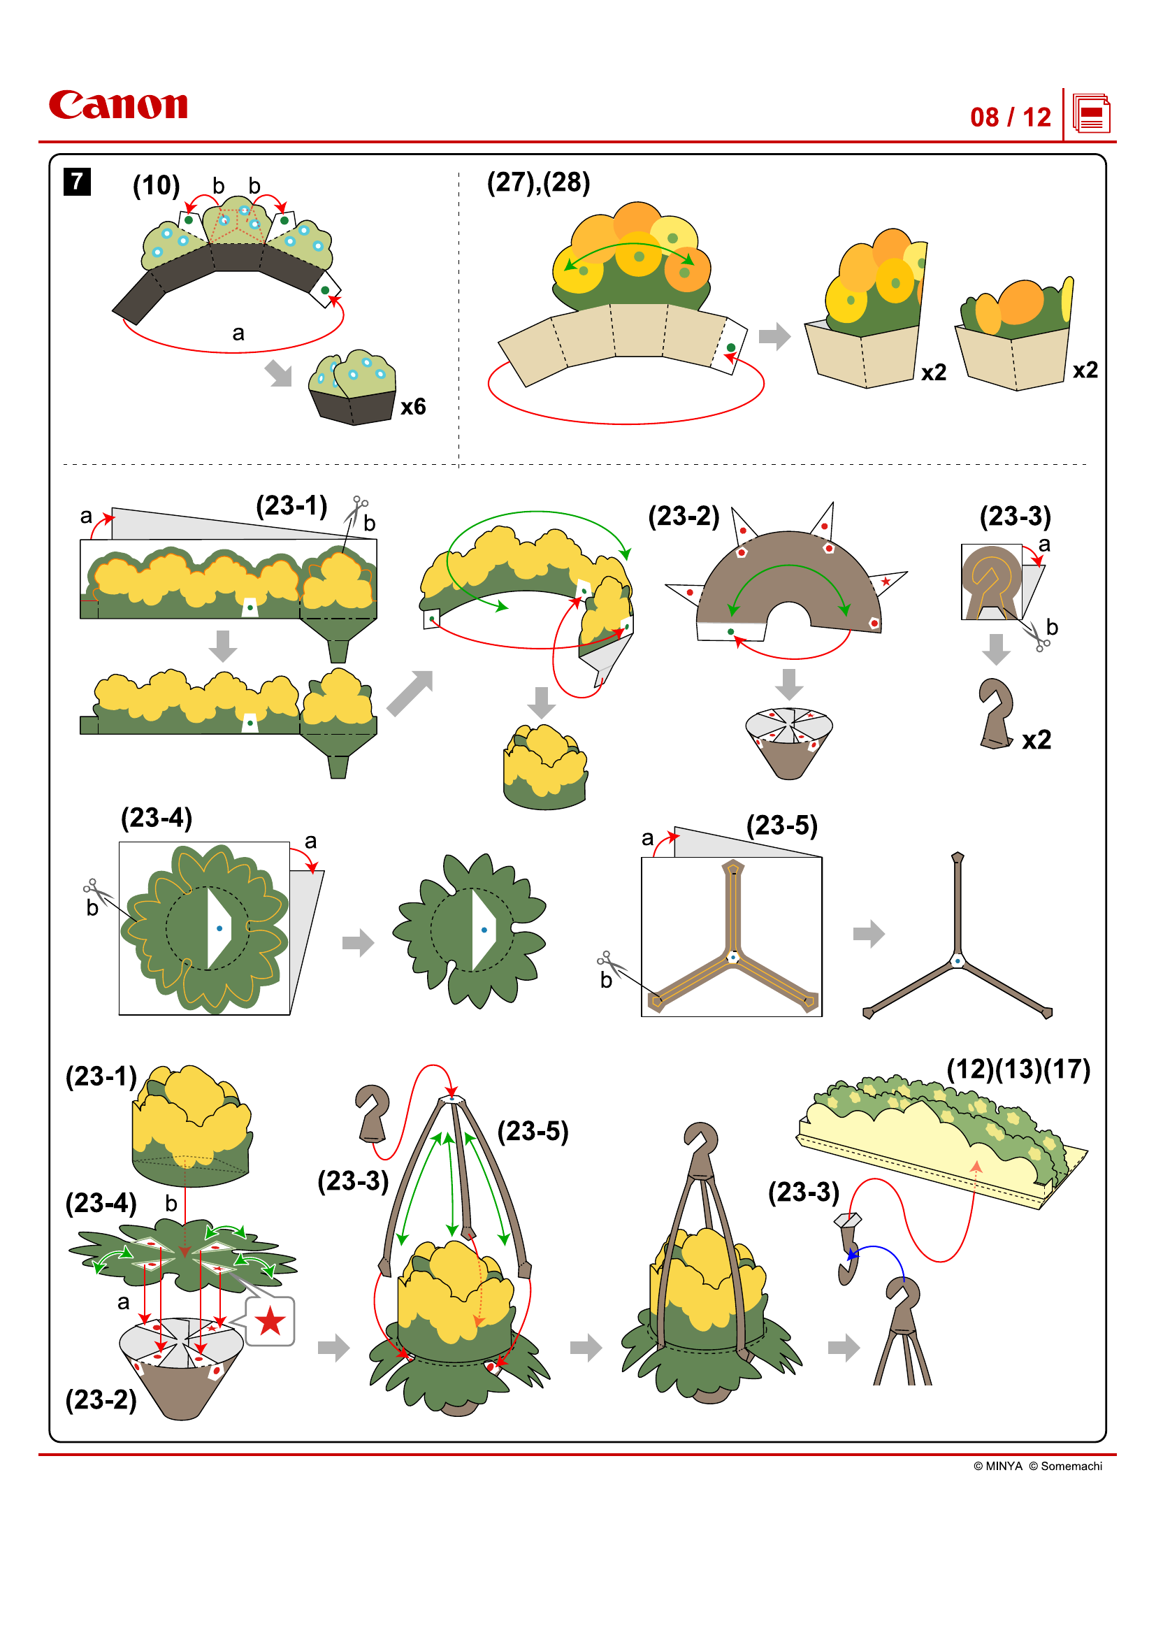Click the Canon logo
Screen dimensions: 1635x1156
click(118, 105)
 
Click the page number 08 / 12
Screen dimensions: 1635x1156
click(1009, 117)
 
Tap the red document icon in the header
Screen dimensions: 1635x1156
click(1090, 114)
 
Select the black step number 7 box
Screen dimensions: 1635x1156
click(77, 182)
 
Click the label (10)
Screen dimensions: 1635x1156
click(156, 186)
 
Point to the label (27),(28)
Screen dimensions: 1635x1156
click(538, 183)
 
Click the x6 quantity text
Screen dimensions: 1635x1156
click(413, 407)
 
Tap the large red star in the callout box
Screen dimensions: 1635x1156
click(270, 1322)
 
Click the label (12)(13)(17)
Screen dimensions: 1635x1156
click(1018, 1069)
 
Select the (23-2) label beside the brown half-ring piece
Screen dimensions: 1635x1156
click(684, 517)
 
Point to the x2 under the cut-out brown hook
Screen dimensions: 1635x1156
click(1036, 740)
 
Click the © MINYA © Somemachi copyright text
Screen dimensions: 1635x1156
click(1037, 1466)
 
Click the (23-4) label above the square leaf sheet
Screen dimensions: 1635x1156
click(157, 818)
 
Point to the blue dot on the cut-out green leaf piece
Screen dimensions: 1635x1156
click(484, 930)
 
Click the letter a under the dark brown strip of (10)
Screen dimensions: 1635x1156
click(238, 333)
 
